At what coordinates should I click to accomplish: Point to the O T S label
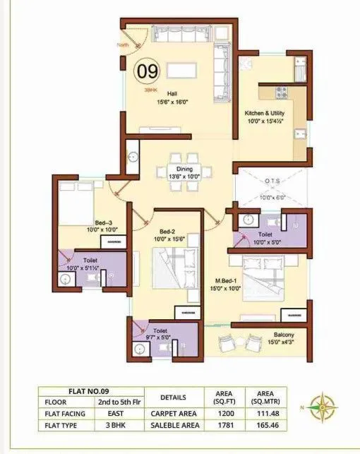pyautogui.click(x=271, y=181)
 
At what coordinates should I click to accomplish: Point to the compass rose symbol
pyautogui.click(x=327, y=407)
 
